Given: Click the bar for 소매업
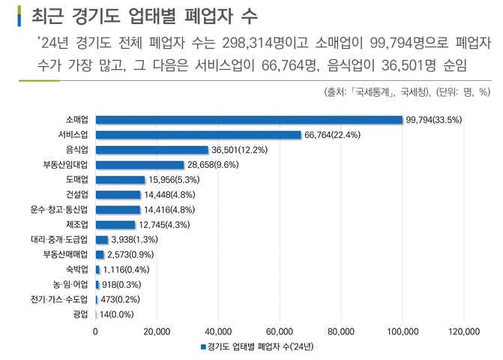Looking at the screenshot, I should [x=249, y=120].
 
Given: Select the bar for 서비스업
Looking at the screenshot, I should [x=198, y=135].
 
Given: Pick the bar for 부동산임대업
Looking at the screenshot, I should [x=139, y=165].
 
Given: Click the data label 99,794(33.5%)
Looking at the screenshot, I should [x=433, y=120].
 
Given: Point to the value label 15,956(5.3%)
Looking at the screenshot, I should [x=173, y=180].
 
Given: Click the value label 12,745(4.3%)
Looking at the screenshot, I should [x=164, y=225].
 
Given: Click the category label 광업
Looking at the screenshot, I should [x=80, y=314].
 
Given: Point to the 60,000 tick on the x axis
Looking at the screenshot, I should [x=280, y=331].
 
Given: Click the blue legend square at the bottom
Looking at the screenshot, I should [x=202, y=347].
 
